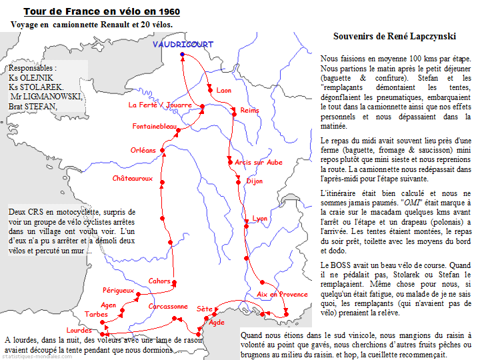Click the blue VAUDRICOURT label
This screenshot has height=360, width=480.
coord(183,45)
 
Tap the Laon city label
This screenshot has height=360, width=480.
coord(224,90)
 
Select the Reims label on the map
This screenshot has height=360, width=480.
coord(249,110)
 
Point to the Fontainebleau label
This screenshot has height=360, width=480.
coord(155,126)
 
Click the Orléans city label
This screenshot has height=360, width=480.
coord(143,150)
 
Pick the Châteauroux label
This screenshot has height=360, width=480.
coord(133,179)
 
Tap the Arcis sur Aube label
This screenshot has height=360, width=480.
coord(259,162)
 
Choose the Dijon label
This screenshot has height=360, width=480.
coord(255,181)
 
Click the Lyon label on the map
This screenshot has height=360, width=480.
coord(259,218)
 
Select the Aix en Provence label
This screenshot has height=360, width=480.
coord(282,294)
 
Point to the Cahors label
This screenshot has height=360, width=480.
coord(159,281)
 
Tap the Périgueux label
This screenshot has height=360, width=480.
coord(119,291)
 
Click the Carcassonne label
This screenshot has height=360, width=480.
coord(168,307)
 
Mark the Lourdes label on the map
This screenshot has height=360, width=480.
coord(79,330)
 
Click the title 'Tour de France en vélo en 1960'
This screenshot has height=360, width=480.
coord(101,12)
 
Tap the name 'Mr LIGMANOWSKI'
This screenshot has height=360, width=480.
coord(45,97)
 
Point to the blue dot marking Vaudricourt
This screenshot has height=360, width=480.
coord(182,54)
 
